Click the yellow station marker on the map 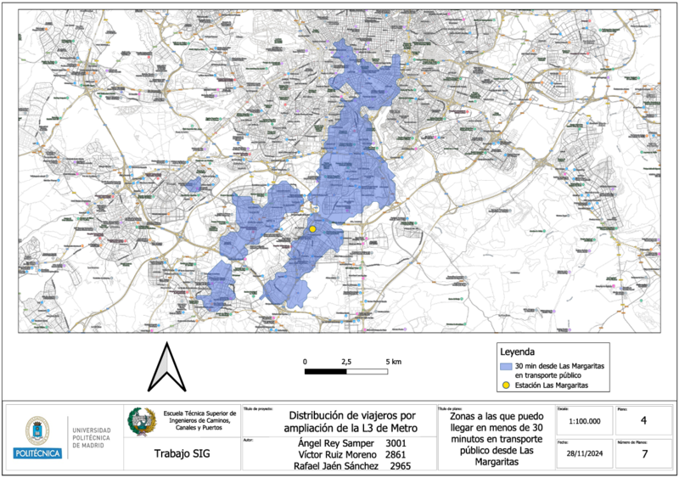pos(312,229)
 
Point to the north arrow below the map pos(166,368)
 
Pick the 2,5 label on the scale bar pos(346,362)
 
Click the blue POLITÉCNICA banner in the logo pos(37,453)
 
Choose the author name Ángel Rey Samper pos(336,443)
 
